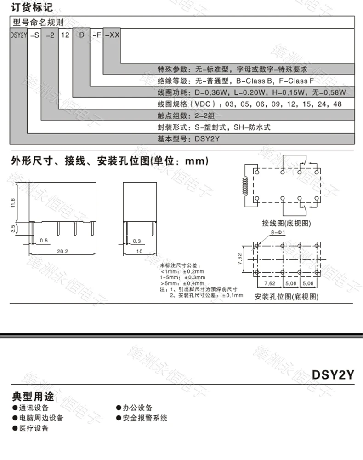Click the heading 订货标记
point(32,8)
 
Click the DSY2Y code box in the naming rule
point(18,34)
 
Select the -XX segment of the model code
point(112,34)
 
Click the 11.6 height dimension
point(13,202)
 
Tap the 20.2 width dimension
point(62,251)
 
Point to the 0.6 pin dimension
point(44,240)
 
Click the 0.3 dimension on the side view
point(136,240)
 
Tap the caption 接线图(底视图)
point(286,223)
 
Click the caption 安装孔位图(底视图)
point(286,296)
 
